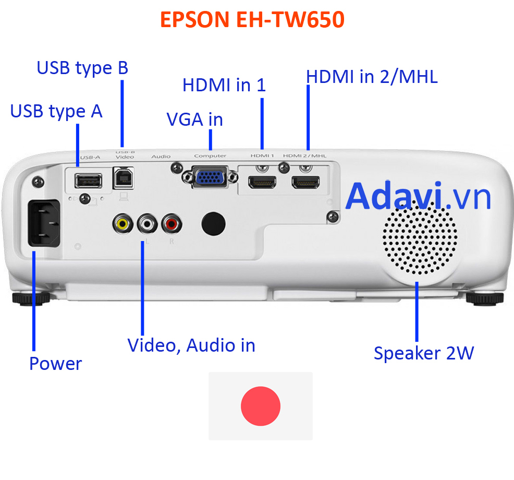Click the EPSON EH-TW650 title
pos(252,19)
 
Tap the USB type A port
pos(88,181)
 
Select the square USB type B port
pos(123,178)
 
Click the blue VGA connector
pos(210,177)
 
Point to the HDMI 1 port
pos(262,183)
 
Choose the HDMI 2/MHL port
pos(305,183)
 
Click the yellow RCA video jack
pos(123,224)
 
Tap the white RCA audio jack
pos(147,224)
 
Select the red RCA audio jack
pos(172,224)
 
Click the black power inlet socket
pos(44,223)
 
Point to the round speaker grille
pos(420,239)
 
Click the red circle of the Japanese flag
pos(261,406)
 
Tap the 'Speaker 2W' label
pos(424,353)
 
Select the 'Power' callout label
pos(56,364)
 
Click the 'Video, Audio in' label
pos(191,346)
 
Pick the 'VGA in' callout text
pos(195,119)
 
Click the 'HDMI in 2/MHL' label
pos(372,77)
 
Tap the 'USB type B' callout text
pos(82,68)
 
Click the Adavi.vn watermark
pos(418,196)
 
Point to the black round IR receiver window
pos(213,224)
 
